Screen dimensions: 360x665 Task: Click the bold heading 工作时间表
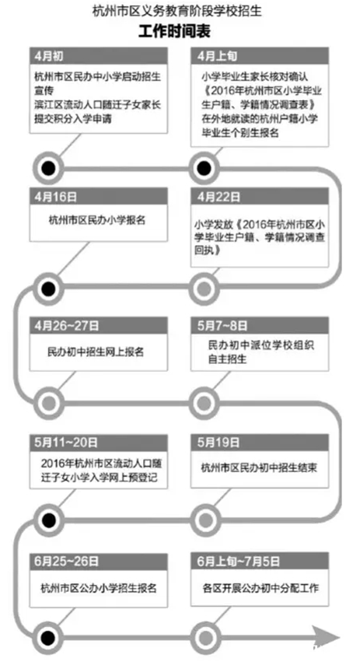[174, 31]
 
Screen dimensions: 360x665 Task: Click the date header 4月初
[48, 56]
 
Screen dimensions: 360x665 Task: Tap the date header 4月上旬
[217, 56]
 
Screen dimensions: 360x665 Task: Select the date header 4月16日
[55, 197]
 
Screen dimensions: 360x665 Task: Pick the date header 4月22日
[218, 197]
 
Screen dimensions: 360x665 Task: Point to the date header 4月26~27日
[67, 326]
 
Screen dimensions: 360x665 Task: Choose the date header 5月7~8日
[222, 326]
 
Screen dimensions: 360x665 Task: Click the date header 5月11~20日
[66, 443]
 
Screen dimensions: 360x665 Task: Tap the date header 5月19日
[218, 443]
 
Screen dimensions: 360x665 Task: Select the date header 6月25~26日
[67, 561]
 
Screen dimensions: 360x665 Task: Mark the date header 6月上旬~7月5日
[238, 561]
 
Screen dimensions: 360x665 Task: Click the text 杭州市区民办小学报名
[97, 220]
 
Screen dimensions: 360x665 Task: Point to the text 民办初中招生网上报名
[96, 352]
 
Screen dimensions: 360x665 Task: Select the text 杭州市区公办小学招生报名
[99, 588]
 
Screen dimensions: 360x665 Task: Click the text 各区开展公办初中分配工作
[260, 588]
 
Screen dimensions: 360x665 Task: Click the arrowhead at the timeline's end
[326, 638]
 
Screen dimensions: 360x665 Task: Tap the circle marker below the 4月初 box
[48, 168]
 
